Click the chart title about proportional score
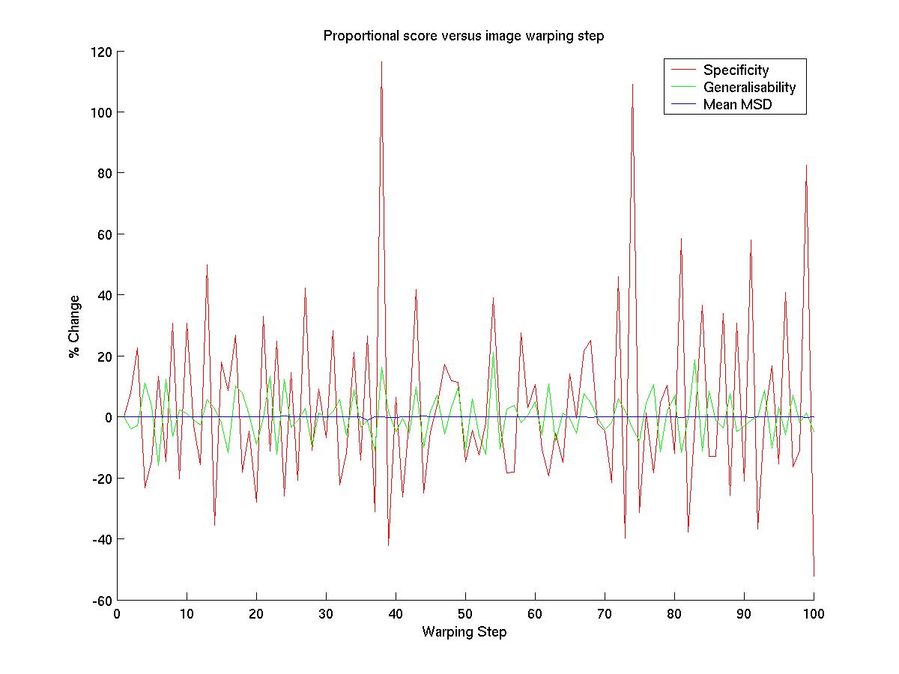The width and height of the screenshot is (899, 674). (463, 36)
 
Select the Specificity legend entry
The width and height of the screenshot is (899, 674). (735, 70)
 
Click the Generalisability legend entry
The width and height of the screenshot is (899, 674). (748, 88)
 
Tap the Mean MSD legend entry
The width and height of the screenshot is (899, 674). (736, 105)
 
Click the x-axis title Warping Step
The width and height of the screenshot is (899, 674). (464, 632)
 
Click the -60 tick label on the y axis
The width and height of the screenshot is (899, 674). (103, 601)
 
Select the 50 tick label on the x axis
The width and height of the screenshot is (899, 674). (465, 614)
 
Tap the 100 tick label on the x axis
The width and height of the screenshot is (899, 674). (814, 614)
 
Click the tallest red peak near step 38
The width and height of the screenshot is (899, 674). (381, 62)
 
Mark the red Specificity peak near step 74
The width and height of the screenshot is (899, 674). (632, 85)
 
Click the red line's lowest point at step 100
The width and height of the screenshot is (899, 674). (814, 576)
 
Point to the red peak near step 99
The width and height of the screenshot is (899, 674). (806, 166)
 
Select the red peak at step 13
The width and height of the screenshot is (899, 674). (207, 264)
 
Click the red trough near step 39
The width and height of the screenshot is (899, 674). (388, 545)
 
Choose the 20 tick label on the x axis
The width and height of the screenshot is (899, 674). (256, 614)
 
